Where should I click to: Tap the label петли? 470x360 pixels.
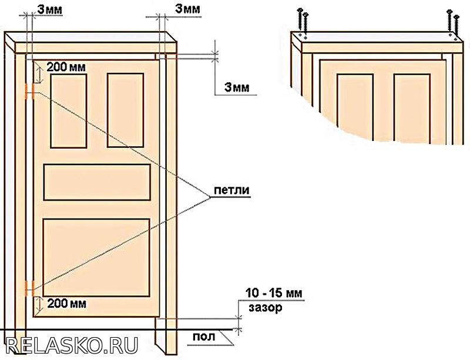231,190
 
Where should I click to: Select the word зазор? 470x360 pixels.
266,308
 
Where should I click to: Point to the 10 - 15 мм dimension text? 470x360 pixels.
274,293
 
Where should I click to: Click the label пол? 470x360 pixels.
204,337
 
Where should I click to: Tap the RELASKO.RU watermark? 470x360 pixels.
72,345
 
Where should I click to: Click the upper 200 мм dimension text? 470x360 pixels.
66,67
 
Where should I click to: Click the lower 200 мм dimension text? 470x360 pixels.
66,304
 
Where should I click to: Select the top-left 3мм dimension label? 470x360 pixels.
50,9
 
